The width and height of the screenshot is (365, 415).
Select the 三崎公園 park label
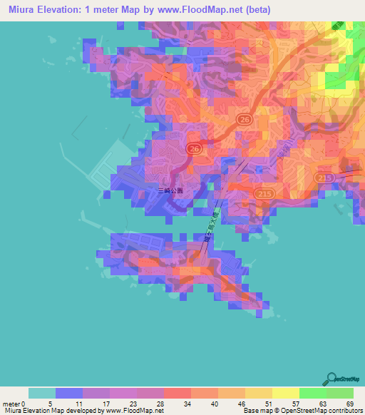[170, 190]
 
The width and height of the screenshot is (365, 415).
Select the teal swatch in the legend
[42, 393]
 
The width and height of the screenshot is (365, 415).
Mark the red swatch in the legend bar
[177, 393]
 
